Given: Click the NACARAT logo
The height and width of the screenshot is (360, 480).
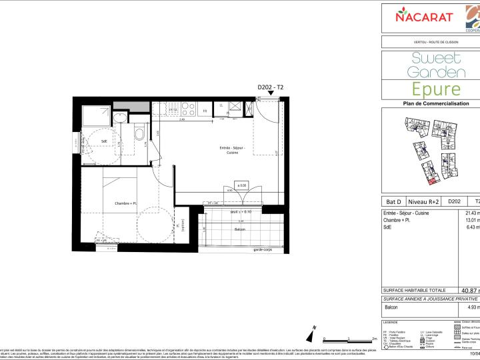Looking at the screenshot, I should (426, 15).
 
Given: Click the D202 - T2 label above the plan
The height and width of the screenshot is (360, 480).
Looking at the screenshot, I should (270, 87).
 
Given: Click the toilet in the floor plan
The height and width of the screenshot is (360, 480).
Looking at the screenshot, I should (139, 134).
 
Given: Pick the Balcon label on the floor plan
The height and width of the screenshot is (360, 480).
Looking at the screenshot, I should (221, 229).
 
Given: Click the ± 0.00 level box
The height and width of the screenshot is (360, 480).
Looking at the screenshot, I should (241, 185).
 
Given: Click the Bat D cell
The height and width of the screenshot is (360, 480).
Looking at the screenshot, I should (394, 201).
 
